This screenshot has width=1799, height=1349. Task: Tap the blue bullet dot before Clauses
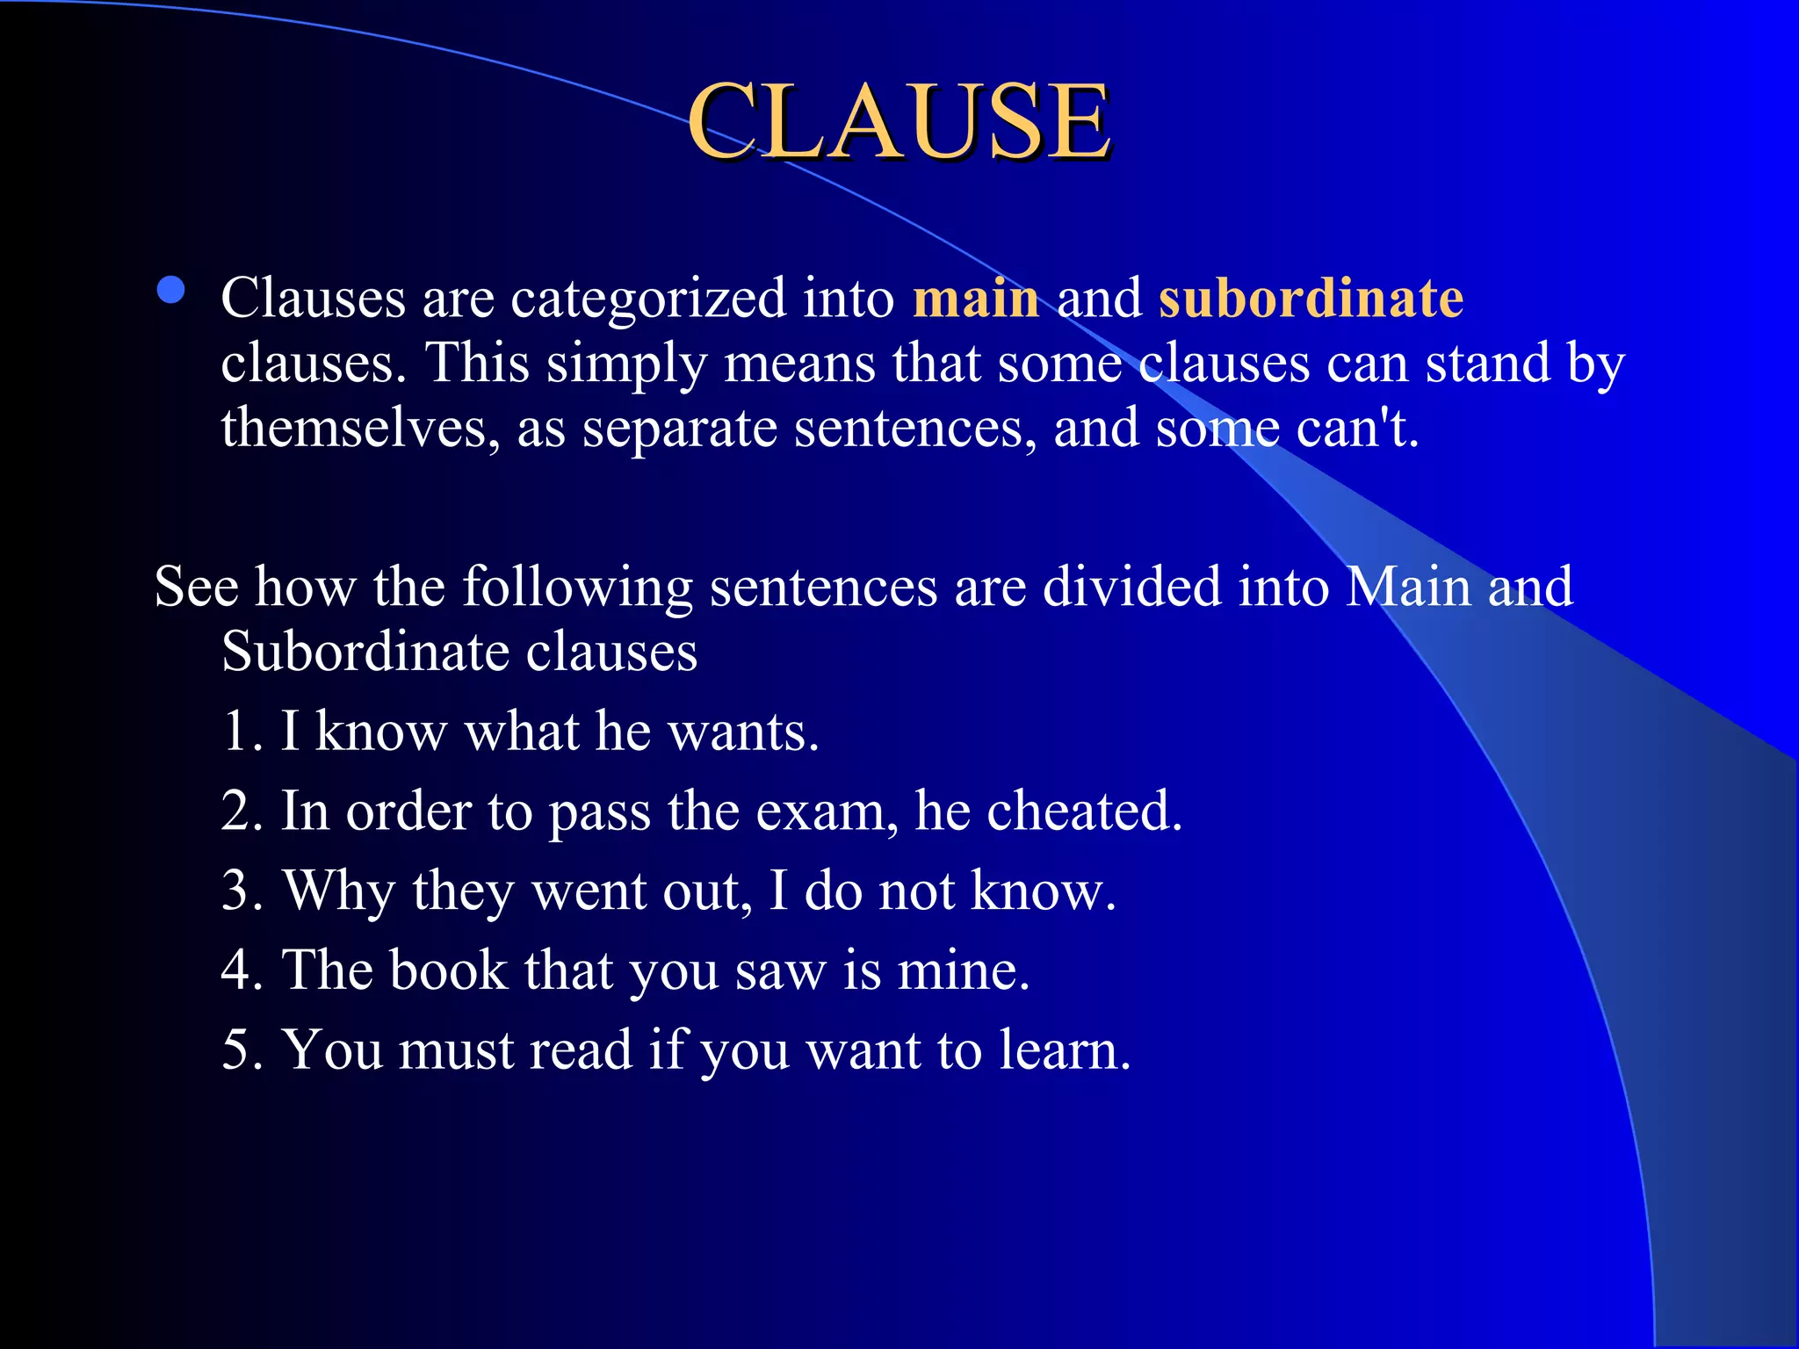point(170,291)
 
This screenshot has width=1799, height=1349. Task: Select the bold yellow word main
point(976,298)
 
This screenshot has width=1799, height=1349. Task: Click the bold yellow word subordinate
point(1311,298)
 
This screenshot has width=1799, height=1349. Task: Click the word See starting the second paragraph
point(196,586)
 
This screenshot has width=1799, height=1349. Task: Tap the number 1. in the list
point(242,731)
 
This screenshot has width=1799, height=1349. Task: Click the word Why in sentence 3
point(338,891)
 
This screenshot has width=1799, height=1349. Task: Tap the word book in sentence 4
point(448,970)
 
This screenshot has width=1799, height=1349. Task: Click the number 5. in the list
point(242,1050)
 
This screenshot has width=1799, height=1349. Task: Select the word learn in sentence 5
point(1064,1050)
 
